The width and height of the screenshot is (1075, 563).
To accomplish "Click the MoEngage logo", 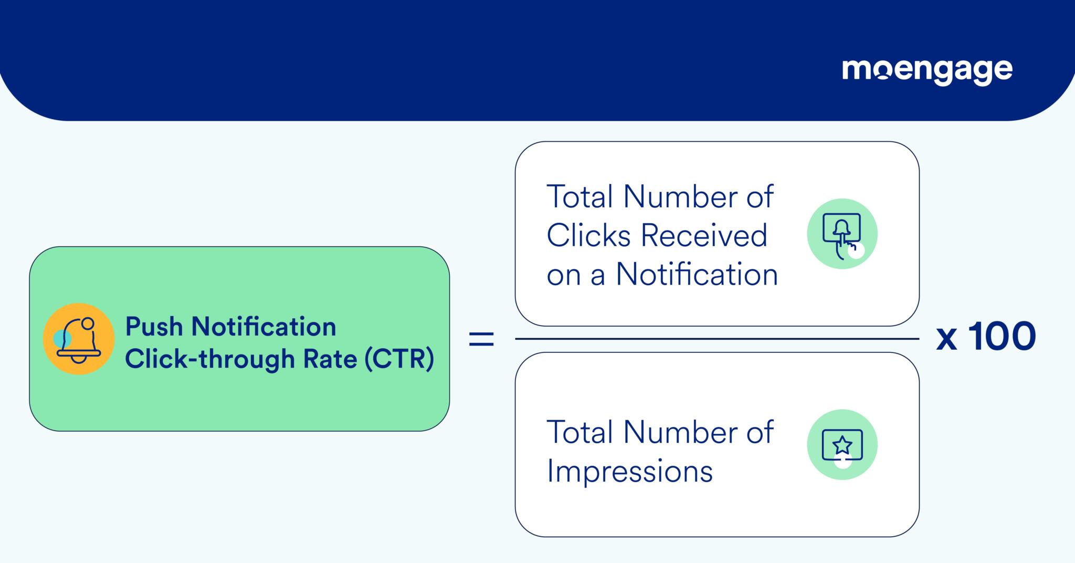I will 927,71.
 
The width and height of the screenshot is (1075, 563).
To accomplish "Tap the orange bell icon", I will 79,339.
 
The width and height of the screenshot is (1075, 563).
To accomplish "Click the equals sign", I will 481,339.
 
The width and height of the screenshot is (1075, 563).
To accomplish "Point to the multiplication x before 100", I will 946,339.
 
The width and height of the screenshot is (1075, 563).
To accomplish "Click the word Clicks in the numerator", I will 588,235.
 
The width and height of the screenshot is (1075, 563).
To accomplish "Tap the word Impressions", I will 630,471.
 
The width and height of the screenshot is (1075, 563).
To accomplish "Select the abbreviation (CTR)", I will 399,359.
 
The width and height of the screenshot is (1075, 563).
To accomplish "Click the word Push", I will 154,327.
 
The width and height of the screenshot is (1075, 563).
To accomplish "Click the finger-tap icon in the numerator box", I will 842,234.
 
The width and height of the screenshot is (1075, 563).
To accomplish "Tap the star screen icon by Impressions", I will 842,445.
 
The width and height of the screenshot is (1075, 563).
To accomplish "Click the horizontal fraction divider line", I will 717,339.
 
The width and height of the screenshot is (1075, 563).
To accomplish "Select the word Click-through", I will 210,359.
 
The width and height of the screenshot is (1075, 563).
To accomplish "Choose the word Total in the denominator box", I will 580,432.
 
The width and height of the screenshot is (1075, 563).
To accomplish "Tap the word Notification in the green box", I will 264,327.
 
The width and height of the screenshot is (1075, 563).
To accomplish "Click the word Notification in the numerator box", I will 697,274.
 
